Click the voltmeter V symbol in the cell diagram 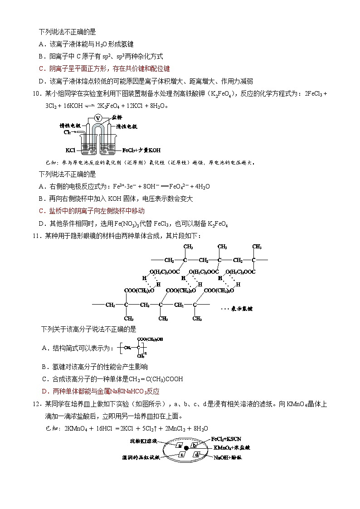(97, 117)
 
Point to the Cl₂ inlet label (68, 132)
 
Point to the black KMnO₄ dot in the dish (186, 448)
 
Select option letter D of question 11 (44, 391)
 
